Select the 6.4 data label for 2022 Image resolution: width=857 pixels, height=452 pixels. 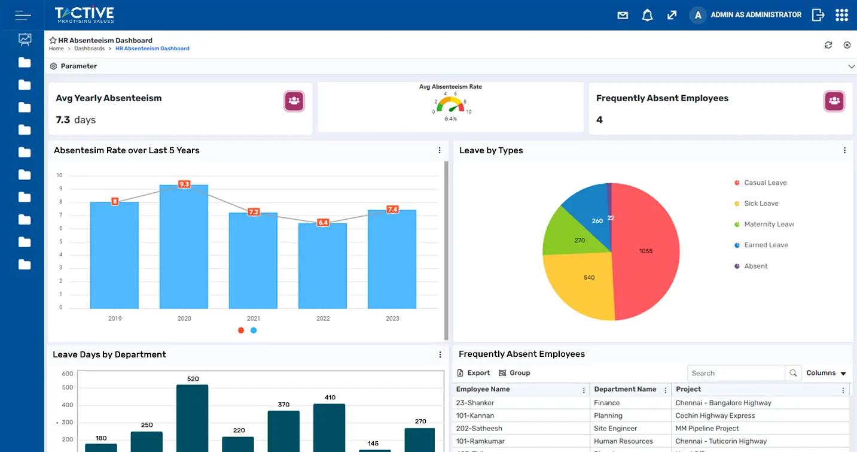[x=323, y=223]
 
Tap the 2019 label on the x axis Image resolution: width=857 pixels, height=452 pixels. [x=115, y=318]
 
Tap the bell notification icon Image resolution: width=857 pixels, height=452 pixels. [x=647, y=15]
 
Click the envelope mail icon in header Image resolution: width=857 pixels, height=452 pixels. [x=623, y=15]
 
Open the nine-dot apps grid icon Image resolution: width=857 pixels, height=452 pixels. [x=841, y=15]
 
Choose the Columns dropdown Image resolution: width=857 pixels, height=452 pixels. [x=826, y=373]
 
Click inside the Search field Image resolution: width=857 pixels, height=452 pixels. [x=736, y=373]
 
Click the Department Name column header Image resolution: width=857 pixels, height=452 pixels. [x=625, y=389]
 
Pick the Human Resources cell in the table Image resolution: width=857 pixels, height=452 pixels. [x=623, y=441]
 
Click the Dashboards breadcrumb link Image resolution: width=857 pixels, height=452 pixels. [x=89, y=48]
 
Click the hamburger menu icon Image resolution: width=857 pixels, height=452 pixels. [x=23, y=15]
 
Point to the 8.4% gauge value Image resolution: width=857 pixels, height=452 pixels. [x=450, y=119]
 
